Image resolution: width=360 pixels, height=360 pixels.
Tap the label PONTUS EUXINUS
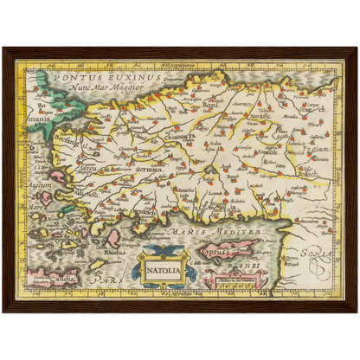point(94,77)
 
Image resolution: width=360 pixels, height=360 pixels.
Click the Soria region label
point(317,254)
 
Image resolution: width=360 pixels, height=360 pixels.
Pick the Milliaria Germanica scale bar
point(230,278)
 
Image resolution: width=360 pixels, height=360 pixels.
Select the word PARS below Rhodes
point(104,280)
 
